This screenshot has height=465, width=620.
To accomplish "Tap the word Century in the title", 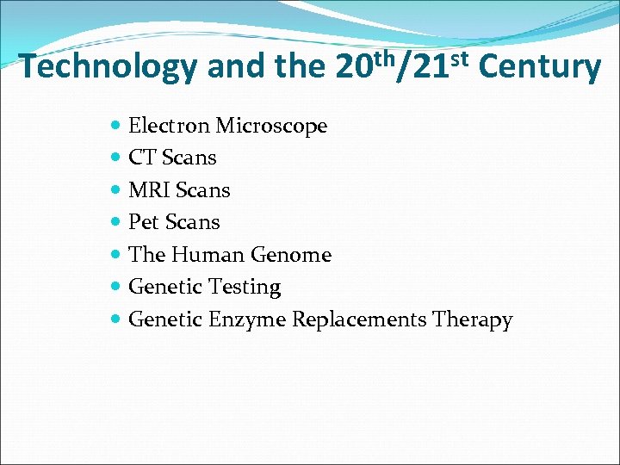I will (538, 66).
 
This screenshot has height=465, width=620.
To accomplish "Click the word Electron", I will (169, 126).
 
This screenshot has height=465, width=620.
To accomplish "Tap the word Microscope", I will (271, 126).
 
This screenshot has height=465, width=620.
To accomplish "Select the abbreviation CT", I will (142, 158).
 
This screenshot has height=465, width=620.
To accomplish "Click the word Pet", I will (144, 222).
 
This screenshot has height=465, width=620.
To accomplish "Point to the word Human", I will (210, 255).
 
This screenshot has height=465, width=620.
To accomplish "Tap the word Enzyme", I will (247, 320).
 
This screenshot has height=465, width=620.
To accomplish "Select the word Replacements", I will (359, 319).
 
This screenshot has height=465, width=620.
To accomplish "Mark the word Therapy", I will (473, 320).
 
